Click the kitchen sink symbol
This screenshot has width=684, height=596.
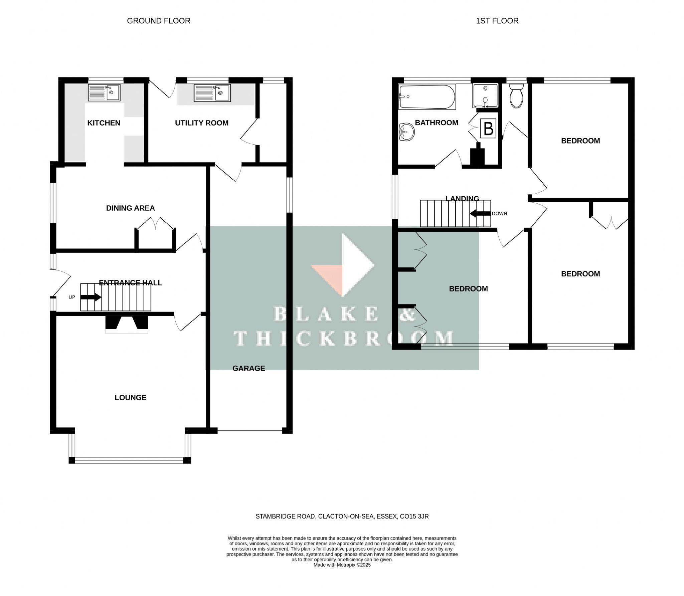point(104,92)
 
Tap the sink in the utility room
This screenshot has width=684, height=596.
point(212,93)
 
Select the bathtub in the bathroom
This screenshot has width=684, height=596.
point(427,97)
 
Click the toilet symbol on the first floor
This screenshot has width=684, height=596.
point(517,96)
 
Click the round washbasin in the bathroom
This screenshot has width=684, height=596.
point(406,132)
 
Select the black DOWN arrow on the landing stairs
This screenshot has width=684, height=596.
point(480,213)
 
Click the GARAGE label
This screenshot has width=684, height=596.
point(248,368)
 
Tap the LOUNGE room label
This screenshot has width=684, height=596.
point(130,397)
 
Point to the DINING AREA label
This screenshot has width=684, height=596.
point(130,208)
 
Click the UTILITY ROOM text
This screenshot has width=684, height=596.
point(202,123)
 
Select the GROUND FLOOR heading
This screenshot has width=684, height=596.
point(158,21)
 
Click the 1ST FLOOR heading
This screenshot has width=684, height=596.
point(497,21)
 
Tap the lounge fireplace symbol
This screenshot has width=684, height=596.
point(127,325)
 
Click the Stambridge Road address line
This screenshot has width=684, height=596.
point(342,516)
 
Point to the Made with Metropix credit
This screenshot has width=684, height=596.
point(342,565)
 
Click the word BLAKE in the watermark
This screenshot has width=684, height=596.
point(326,314)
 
